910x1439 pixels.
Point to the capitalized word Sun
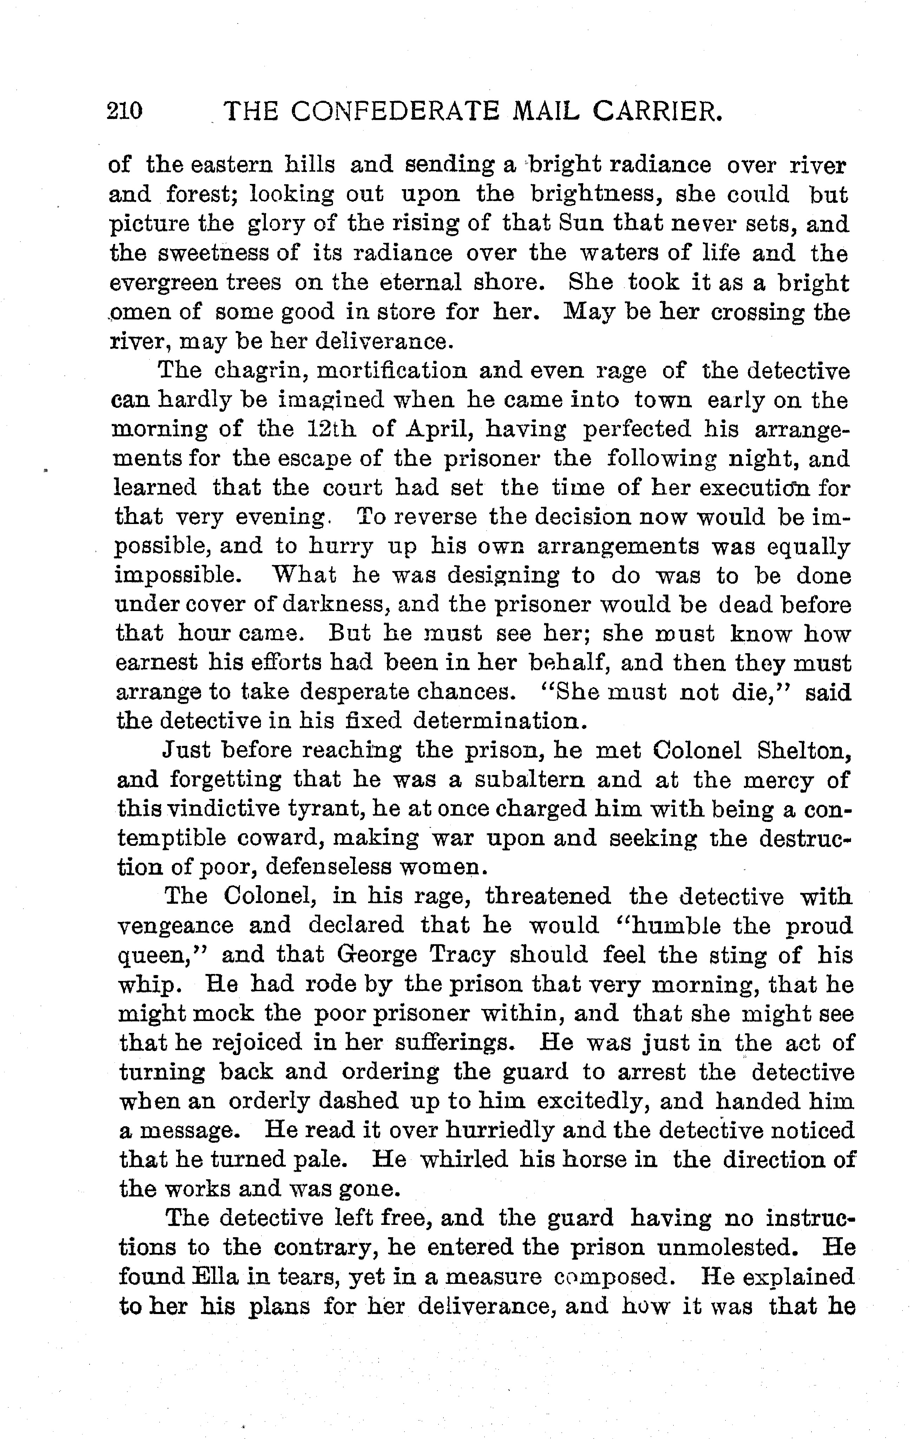click(580, 224)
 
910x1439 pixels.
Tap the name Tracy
click(462, 956)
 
